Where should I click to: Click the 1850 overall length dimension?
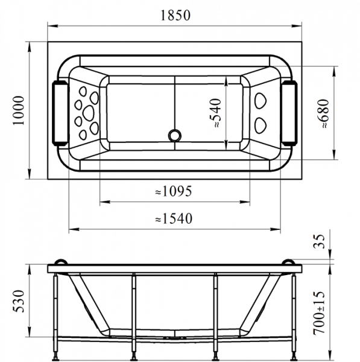tap(175, 16)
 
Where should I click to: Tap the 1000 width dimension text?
tap(19, 110)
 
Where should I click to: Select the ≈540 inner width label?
tap(215, 113)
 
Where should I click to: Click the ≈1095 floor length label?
tap(173, 191)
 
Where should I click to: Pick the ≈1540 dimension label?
tap(174, 218)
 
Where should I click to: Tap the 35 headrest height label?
tap(319, 241)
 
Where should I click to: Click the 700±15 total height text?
tap(319, 313)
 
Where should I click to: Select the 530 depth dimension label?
tap(19, 301)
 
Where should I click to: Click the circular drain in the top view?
tap(175, 135)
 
